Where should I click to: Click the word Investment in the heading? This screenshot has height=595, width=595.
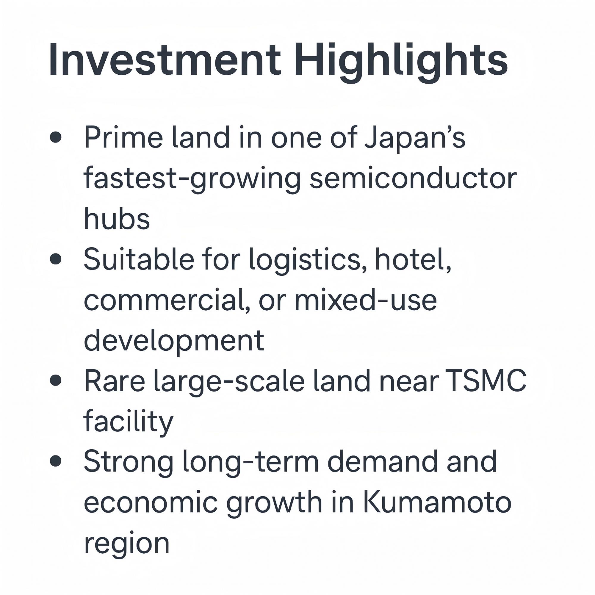point(165,59)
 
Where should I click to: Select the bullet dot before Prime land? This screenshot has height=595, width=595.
point(55,137)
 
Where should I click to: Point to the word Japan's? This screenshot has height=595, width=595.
point(414,139)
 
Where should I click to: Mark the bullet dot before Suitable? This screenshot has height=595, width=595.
point(55,259)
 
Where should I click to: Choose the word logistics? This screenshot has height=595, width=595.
point(308,261)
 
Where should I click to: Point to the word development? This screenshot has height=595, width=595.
point(174,342)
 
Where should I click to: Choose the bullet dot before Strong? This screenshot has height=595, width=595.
point(55,462)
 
